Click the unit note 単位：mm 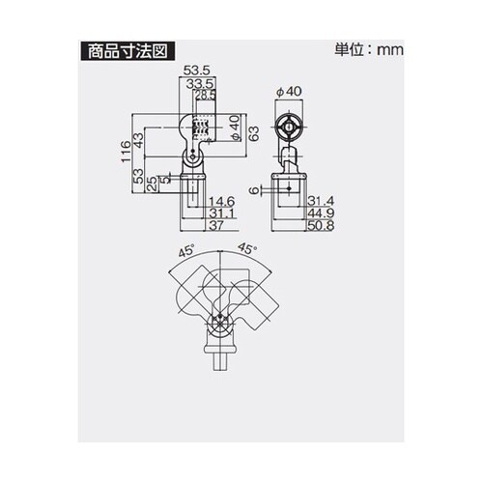pyautogui.click(x=367, y=49)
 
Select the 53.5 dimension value pyautogui.click(x=197, y=71)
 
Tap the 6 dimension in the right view pyautogui.click(x=253, y=190)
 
